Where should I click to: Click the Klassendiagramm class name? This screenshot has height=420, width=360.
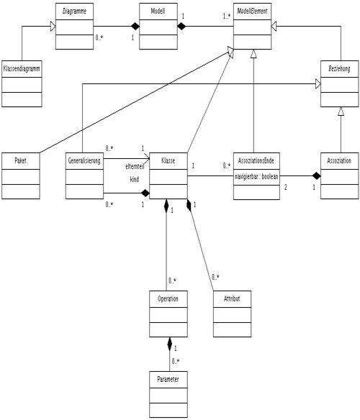(x=22, y=68)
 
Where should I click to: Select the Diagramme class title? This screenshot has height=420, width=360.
(x=74, y=12)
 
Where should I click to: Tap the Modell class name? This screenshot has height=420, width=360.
(x=158, y=11)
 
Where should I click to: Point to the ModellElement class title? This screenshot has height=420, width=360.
(x=252, y=11)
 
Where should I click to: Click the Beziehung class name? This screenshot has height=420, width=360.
(x=339, y=68)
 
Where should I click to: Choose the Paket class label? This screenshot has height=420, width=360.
(x=21, y=160)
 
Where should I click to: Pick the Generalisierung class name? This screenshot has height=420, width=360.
(x=84, y=160)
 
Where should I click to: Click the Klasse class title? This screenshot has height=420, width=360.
(x=168, y=160)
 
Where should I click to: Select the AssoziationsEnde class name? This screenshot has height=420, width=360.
(x=256, y=160)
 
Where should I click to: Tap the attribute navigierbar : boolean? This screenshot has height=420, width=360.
(x=256, y=176)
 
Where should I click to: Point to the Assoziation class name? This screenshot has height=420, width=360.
(x=339, y=160)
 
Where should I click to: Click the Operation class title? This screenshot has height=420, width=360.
(x=168, y=298)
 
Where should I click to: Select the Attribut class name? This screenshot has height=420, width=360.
(x=232, y=298)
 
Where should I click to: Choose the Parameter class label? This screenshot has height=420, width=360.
(x=168, y=379)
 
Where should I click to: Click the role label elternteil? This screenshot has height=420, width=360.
(x=135, y=166)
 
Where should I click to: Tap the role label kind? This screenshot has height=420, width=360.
(x=135, y=179)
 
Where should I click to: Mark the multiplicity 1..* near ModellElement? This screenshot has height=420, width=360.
(x=227, y=17)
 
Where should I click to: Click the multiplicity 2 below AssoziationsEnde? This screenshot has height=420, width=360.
(x=285, y=187)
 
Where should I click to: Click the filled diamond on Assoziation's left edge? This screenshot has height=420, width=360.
(x=317, y=176)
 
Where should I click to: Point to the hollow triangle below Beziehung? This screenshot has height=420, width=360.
(x=341, y=111)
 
